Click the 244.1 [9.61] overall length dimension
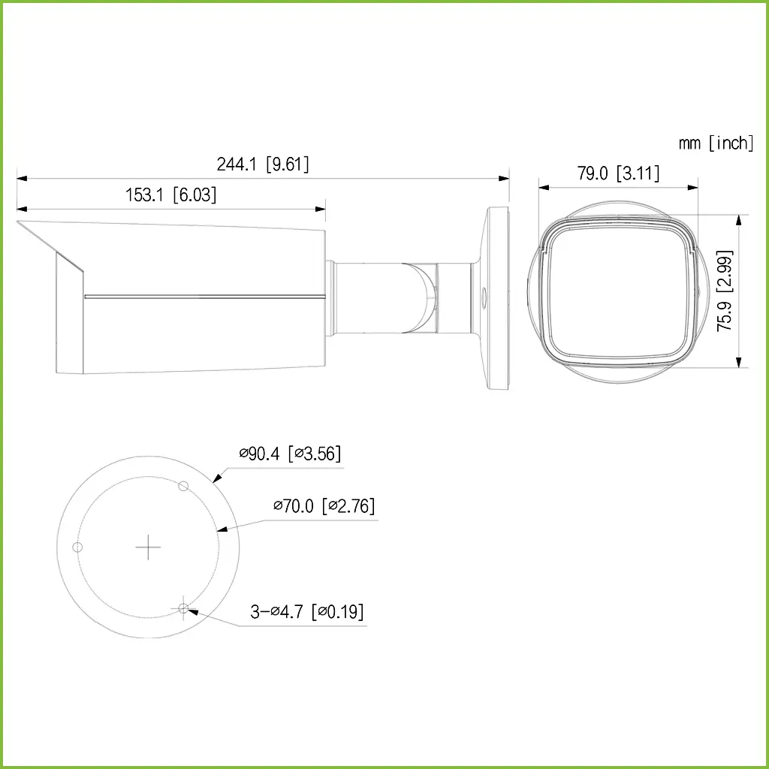[263, 164]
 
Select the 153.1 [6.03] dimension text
[170, 195]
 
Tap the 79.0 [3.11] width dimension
[618, 173]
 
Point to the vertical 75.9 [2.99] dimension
[725, 291]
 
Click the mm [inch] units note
[715, 143]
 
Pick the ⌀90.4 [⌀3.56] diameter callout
[290, 453]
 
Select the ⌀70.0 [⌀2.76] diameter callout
[324, 506]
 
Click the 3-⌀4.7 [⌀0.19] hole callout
[307, 612]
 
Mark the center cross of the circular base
[148, 547]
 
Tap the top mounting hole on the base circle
[182, 487]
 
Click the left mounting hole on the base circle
[76, 547]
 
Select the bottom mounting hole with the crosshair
[183, 608]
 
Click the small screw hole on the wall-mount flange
[482, 297]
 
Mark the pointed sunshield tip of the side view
[19, 222]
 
